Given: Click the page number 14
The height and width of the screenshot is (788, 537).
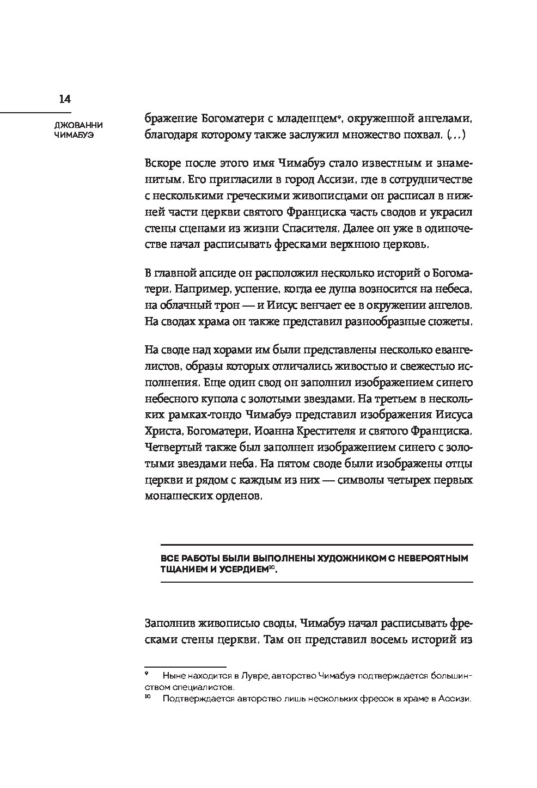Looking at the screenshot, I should pyautogui.click(x=65, y=99).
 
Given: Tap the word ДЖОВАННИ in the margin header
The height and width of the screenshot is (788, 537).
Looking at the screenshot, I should pyautogui.click(x=72, y=125).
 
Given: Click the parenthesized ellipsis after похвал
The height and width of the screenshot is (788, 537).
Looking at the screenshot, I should pyautogui.click(x=455, y=135).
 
